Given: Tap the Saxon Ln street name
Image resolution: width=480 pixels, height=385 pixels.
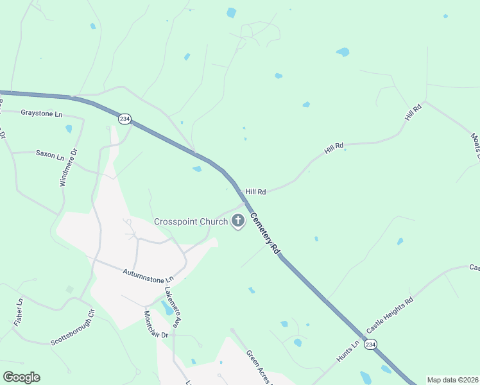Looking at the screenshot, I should pos(50,155).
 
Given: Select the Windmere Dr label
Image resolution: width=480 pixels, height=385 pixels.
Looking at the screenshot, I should pos(67,168).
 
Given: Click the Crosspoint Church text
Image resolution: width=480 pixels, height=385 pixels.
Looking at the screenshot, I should pos(191,222).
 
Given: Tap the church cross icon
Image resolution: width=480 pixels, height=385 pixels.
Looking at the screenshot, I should pos(238,222).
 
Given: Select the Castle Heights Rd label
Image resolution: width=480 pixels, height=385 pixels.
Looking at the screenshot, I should pos(390,315).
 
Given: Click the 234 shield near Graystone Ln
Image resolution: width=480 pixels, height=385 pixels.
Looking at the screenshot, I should pos(124,119).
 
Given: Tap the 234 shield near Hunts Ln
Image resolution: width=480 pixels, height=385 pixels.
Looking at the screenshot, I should pos(370,345).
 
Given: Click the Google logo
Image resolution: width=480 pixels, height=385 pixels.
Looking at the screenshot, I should pos(21,377).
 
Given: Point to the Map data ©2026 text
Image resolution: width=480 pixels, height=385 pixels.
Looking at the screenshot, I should pos(452,380).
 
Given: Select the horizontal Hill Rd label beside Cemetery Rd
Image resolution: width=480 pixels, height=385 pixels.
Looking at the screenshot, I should pos(255,191).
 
